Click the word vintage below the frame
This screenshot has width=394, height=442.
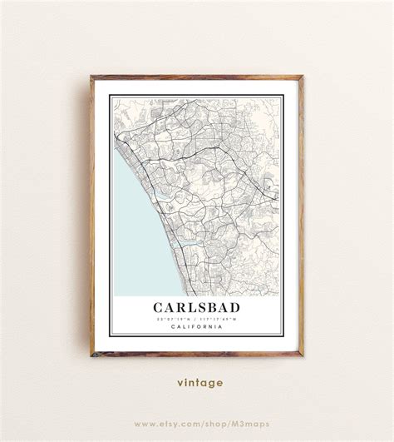199,383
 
